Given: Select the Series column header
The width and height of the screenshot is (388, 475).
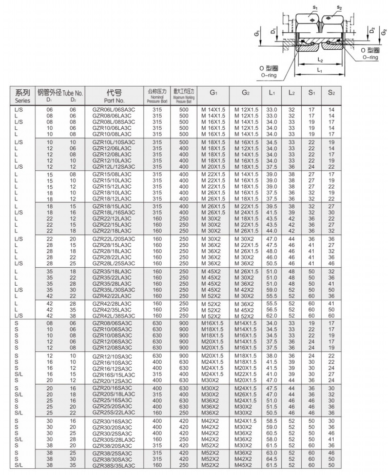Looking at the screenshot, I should [23, 96].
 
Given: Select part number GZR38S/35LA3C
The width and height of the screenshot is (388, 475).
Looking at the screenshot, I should [113, 465].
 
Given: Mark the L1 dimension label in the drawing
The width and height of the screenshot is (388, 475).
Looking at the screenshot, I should [319, 69].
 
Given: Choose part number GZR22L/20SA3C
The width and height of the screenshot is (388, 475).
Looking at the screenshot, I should [113, 240].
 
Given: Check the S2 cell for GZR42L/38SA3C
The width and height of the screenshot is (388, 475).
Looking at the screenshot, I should [331, 315].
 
